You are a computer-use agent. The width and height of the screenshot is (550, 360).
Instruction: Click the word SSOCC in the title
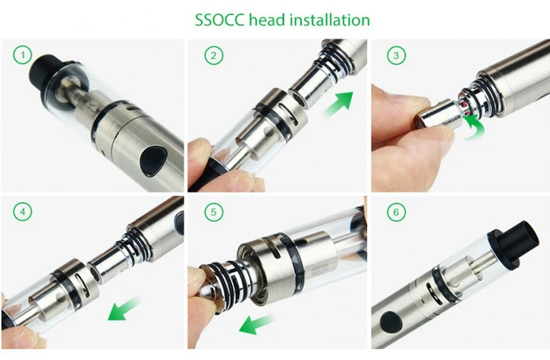pos(219,20)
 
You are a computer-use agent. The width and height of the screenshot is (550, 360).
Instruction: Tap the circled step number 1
pos(23,55)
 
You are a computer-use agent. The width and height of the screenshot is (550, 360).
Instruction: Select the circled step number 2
pos(214,56)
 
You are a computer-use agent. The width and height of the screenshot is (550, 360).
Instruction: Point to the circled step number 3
pos(396,56)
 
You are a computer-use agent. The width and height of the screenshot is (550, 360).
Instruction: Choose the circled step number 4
pos(23,212)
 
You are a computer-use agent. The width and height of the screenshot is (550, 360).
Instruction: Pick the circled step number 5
pos(214,212)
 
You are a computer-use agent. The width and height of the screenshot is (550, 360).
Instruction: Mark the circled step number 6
pos(396,212)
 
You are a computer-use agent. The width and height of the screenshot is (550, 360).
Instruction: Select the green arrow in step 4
pos(123,309)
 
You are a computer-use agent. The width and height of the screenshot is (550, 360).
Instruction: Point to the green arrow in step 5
pos(256,324)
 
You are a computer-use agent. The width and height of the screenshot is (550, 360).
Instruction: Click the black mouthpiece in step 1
pos(46,72)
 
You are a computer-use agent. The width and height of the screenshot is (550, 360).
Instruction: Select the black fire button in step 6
pos(390,321)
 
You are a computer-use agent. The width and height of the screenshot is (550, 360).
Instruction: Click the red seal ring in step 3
pos(465,107)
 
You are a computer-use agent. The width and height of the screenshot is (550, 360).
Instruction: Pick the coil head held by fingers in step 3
pos(438,114)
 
